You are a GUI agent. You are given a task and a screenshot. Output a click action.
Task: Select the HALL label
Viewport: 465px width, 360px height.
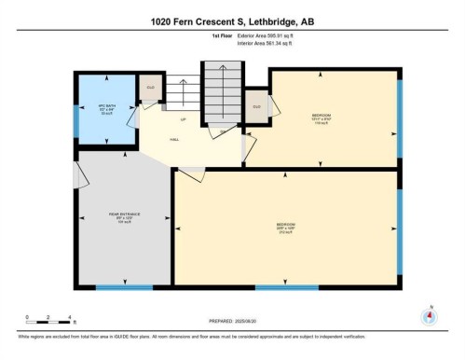[174, 137]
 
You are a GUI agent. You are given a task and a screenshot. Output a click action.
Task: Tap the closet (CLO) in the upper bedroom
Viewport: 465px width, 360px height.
[257, 107]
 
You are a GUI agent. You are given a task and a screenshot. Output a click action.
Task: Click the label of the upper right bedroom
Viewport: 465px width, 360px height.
[321, 118]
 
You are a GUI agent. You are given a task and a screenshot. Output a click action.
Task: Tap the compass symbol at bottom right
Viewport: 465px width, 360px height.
[429, 315]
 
